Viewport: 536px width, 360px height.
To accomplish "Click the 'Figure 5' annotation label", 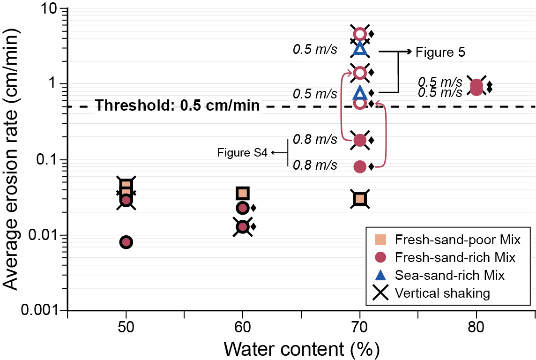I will [440, 52].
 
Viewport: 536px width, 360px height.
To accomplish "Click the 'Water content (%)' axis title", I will [301, 349].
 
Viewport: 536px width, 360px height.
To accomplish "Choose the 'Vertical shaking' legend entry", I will [442, 293].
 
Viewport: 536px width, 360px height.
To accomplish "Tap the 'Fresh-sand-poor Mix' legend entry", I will [458, 240].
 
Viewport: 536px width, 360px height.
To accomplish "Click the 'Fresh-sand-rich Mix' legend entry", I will [455, 257].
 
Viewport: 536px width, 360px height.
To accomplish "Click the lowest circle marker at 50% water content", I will [126, 242].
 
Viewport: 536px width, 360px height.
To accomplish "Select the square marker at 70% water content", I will [360, 199].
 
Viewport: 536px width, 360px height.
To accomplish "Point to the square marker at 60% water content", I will [242, 193].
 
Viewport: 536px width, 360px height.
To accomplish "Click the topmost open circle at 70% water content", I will [360, 34].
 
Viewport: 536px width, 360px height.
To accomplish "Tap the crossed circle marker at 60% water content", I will [242, 226].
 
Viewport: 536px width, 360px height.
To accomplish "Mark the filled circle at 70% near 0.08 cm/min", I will [360, 166].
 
